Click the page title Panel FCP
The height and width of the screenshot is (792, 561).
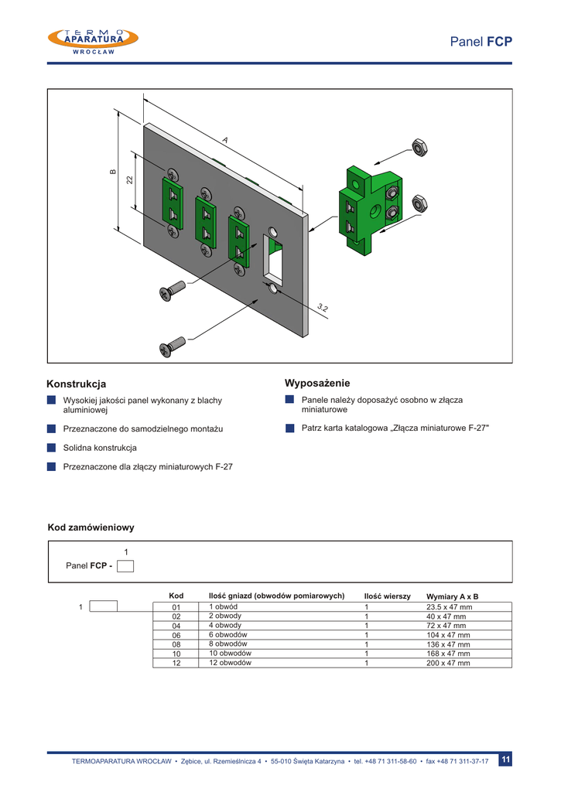click(x=481, y=42)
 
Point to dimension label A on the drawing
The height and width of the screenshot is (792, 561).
click(x=225, y=140)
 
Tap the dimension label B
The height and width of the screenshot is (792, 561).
click(x=112, y=172)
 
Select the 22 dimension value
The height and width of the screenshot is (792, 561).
click(x=130, y=179)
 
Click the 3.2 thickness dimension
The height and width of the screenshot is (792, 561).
click(x=323, y=308)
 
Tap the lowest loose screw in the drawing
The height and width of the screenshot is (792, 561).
click(x=173, y=346)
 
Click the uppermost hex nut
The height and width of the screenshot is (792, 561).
click(x=420, y=147)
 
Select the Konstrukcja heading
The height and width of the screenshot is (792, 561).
click(x=77, y=384)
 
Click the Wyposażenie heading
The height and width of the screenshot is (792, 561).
click(x=317, y=383)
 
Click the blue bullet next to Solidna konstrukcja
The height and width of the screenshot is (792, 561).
click(x=51, y=448)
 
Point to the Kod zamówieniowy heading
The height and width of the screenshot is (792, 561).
click(x=91, y=527)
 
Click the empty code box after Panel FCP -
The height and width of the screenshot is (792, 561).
click(x=125, y=565)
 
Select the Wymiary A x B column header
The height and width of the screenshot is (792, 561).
click(x=452, y=596)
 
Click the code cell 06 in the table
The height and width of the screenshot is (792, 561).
click(x=176, y=635)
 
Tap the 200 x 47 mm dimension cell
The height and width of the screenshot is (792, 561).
click(x=448, y=663)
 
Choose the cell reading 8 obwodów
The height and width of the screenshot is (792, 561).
click(x=227, y=643)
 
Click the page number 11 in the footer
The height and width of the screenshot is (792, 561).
click(x=505, y=760)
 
